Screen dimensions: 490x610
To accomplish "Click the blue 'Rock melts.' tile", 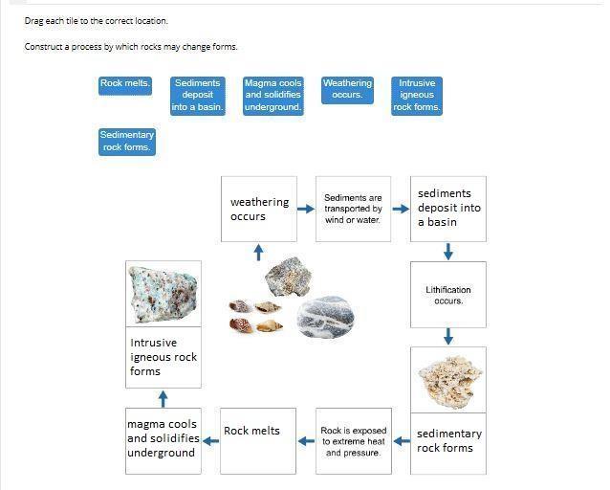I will coord(125,84).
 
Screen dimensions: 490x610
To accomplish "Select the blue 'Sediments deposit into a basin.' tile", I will coord(198,96).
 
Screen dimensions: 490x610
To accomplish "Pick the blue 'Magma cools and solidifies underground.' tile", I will coord(273,96).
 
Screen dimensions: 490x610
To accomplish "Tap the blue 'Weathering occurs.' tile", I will coord(347,89).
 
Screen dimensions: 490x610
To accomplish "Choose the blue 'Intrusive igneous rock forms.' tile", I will coord(417,96).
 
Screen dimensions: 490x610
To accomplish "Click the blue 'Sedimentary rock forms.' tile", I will coord(126,142).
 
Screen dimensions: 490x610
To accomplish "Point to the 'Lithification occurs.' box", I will coord(448,295).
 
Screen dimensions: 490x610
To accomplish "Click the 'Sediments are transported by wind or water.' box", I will coord(353,209).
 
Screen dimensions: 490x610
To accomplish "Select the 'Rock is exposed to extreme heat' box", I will coord(353,441).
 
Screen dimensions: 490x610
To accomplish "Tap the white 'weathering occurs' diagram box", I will coord(258,209).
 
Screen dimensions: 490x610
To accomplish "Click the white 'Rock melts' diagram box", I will coord(258,441).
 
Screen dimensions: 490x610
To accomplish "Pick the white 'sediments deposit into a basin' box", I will coord(448,209).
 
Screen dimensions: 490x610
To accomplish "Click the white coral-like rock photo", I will coord(448,380).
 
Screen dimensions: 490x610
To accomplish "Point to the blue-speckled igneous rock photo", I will coord(163,295).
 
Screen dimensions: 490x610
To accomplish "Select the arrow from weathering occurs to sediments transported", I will coord(306,209).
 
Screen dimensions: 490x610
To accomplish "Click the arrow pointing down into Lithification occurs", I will coord(448,252).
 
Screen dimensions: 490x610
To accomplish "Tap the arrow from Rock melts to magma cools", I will coord(210,441).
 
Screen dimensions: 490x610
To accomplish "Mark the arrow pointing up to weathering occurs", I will coord(258,252).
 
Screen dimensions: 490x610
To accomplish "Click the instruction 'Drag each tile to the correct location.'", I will coord(97,21).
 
